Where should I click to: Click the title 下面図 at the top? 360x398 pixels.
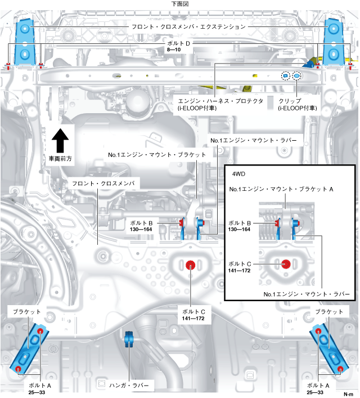pyautogui.click(x=180, y=4)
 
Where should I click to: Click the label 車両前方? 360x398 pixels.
pyautogui.click(x=60, y=159)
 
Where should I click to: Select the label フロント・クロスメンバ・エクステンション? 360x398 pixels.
pyautogui.click(x=180, y=26)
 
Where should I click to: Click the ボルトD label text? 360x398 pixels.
pyautogui.click(x=180, y=43)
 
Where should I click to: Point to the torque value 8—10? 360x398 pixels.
pyautogui.click(x=173, y=50)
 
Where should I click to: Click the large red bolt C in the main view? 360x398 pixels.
pyautogui.click(x=191, y=264)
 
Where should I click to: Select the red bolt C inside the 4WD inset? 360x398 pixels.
pyautogui.click(x=286, y=263)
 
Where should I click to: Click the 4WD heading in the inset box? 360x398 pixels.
pyautogui.click(x=238, y=173)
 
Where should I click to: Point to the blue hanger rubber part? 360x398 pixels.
pyautogui.click(x=128, y=339)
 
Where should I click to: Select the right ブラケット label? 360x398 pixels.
pyautogui.click(x=329, y=311)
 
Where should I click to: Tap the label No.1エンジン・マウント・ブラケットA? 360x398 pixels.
pyautogui.click(x=281, y=189)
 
